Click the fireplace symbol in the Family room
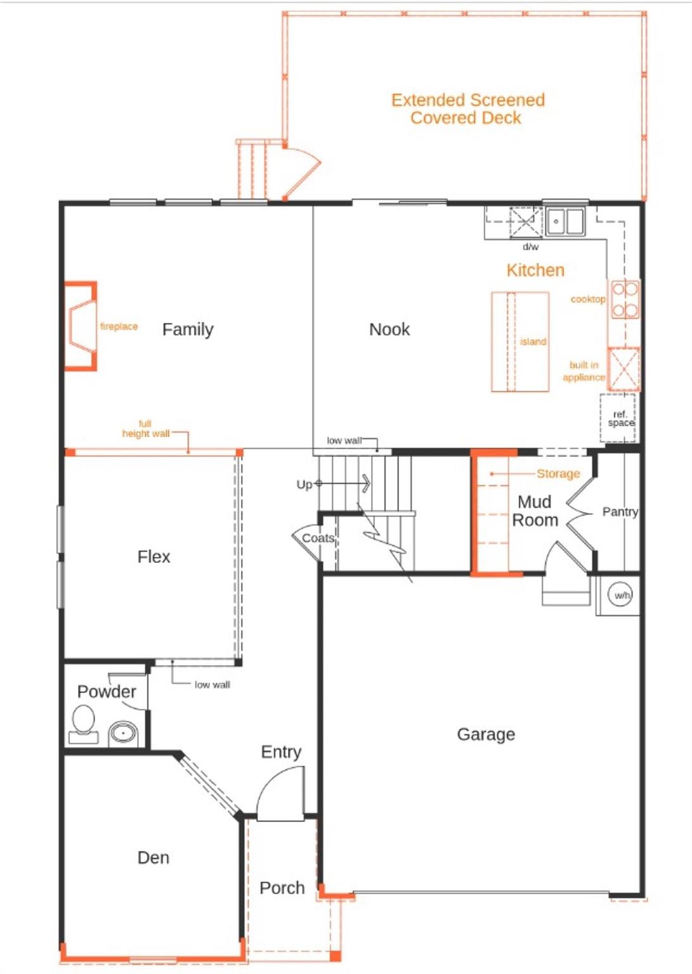[x=81, y=326]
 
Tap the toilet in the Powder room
[x=83, y=725]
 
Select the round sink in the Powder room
[x=123, y=733]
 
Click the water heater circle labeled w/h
[x=620, y=595]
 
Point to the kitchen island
[x=519, y=342]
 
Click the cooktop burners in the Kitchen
[x=625, y=299]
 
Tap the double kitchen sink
[x=565, y=222]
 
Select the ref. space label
[x=620, y=419]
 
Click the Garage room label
[x=486, y=734]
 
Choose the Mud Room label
[x=535, y=511]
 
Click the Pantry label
[x=620, y=511]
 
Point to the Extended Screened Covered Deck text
[x=467, y=108]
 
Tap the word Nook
[x=389, y=329]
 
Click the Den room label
[x=153, y=857]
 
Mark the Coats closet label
[x=318, y=538]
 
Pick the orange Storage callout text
[x=558, y=474]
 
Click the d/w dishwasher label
[x=531, y=247]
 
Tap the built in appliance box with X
[x=623, y=368]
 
